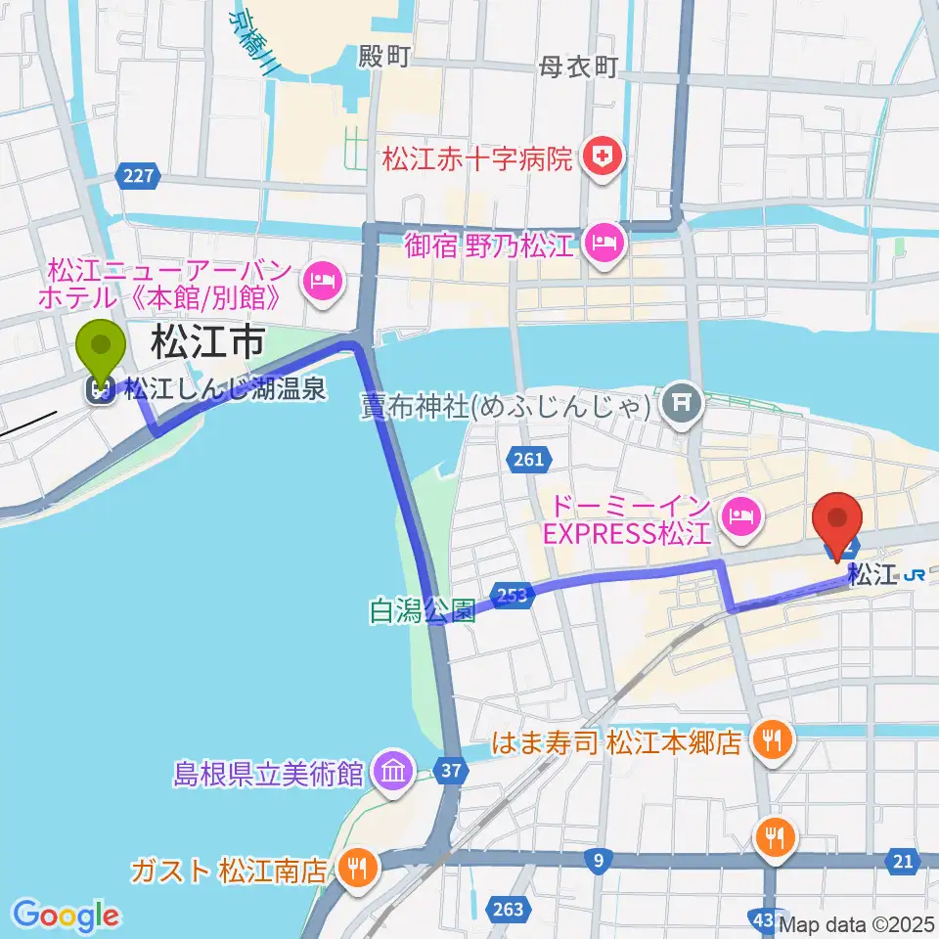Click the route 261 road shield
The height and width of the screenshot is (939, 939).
click(526, 458)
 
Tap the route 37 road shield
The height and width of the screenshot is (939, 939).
click(451, 772)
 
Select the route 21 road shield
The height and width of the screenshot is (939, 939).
click(902, 861)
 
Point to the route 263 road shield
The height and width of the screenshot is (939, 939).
click(509, 909)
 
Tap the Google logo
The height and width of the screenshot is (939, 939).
click(67, 915)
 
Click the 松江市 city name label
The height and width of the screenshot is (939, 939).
click(206, 343)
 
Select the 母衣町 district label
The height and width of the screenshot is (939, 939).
click(578, 67)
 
